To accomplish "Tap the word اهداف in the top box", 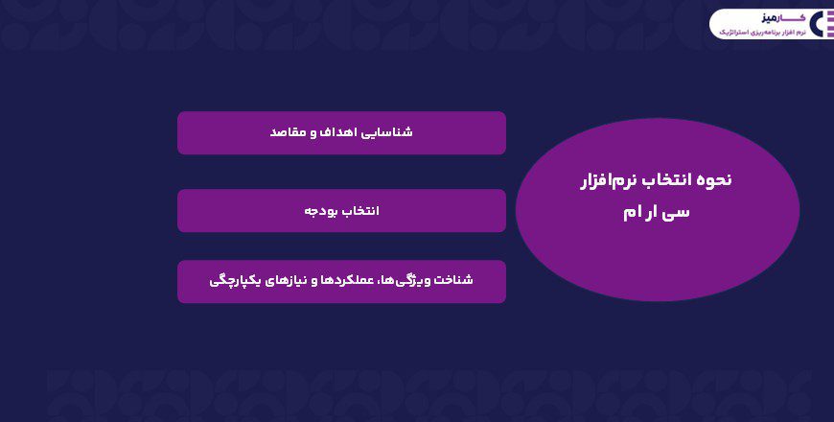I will pos(336,132).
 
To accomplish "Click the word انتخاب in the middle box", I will pos(360,211).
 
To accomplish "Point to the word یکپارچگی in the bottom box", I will pos(235,281).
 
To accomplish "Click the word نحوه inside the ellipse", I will pos(713,179).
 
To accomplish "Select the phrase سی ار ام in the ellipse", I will pos(657,212).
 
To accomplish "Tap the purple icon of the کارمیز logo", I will pos(818,25).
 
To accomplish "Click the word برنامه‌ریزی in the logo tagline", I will pos(764,33).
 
